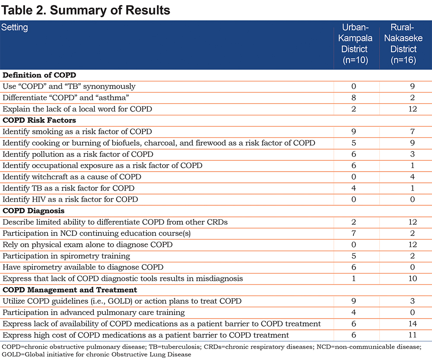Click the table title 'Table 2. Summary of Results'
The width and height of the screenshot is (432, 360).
[86, 10]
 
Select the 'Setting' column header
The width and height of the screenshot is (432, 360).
[15, 27]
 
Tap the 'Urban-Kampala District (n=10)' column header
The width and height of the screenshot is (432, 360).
[355, 44]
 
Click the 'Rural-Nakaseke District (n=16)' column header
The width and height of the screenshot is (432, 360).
[403, 44]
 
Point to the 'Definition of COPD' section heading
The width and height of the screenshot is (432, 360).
[39, 75]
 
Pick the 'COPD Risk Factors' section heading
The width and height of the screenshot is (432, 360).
[39, 120]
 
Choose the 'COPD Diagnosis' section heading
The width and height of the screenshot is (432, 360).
[33, 210]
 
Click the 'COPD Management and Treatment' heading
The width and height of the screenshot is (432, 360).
[70, 290]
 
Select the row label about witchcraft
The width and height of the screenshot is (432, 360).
[72, 177]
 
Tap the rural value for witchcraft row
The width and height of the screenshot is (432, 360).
[412, 177]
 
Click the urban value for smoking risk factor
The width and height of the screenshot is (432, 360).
[354, 131]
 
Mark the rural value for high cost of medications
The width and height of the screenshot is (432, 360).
[413, 335]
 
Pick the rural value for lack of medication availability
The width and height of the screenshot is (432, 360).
[413, 324]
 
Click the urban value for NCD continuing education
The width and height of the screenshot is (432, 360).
[354, 233]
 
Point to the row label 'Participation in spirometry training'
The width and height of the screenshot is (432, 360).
[66, 256]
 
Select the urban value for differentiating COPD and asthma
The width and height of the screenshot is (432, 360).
[354, 98]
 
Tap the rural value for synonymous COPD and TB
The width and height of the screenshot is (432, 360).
[412, 86]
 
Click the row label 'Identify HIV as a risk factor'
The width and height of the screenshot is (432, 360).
[70, 199]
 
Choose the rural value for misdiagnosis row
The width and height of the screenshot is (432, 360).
[413, 278]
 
